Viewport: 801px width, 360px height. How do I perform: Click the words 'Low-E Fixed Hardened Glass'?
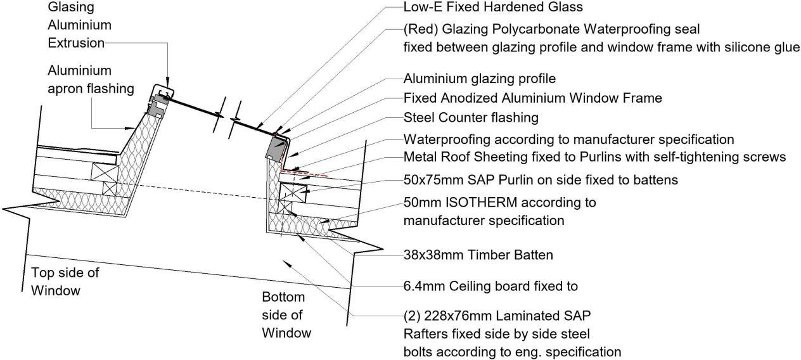coord(492,8)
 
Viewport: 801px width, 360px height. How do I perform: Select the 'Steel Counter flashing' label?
coord(470,118)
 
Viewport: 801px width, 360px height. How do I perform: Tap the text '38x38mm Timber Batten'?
coord(478,255)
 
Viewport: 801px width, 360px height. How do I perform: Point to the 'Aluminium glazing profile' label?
coord(479,79)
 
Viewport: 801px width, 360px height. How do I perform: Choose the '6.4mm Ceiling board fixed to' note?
coord(490,286)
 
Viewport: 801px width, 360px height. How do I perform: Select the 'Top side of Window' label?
coord(65,281)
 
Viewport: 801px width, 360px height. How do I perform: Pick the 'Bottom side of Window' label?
coord(286,314)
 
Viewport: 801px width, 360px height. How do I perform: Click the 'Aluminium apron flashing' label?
coord(91,79)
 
